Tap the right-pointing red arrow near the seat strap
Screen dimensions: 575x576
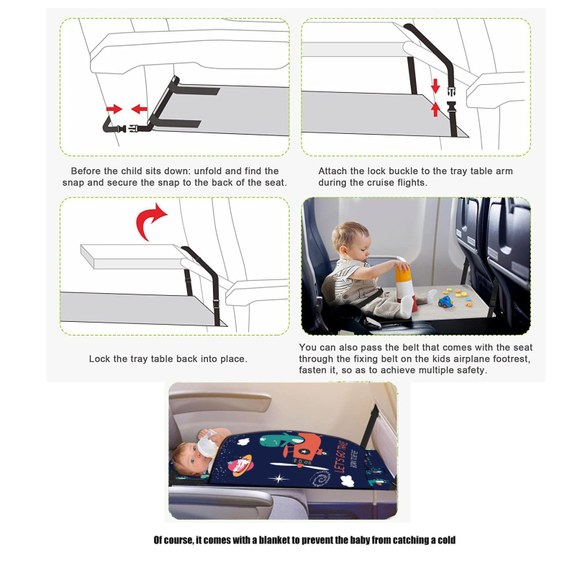[114, 109]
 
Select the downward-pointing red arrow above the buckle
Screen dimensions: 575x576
[435, 86]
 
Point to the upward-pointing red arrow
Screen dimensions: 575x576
[435, 109]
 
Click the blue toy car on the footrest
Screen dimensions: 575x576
[445, 302]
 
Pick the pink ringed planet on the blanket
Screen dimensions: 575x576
[240, 465]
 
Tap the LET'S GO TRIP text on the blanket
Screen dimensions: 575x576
[340, 456]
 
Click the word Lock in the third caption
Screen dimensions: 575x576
[99, 359]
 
